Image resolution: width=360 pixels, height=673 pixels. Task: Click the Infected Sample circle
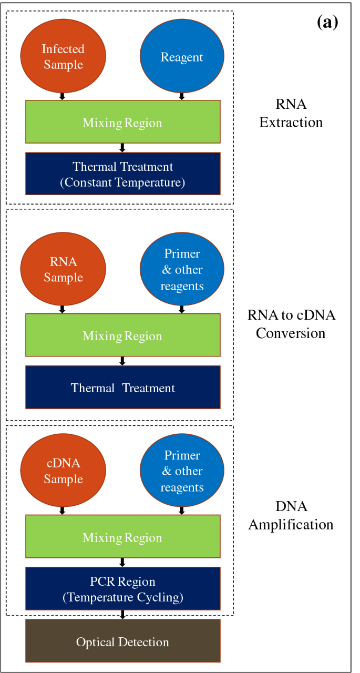(x=63, y=56)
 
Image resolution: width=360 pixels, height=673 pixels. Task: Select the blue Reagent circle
(x=182, y=56)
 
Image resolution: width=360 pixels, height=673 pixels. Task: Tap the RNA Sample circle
(x=63, y=269)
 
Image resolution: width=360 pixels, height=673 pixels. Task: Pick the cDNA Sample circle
(x=63, y=471)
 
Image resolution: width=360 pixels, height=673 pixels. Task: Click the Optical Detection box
(x=123, y=641)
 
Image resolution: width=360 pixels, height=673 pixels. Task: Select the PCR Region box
(x=123, y=588)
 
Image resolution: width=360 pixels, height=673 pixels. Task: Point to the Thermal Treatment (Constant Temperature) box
(x=123, y=174)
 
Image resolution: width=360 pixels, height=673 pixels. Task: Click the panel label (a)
(x=327, y=22)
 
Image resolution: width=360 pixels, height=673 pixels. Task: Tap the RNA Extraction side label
(x=291, y=113)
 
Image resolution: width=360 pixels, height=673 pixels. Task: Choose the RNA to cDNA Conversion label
(x=291, y=324)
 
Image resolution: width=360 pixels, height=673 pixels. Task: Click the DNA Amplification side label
(x=291, y=516)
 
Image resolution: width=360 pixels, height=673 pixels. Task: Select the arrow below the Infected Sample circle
(x=62, y=96)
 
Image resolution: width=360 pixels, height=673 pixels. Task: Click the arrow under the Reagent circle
(x=182, y=96)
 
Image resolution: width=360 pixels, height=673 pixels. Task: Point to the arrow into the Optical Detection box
(x=122, y=615)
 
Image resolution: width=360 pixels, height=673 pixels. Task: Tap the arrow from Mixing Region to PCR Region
(x=122, y=563)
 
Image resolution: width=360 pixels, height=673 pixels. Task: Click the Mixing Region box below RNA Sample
(x=123, y=335)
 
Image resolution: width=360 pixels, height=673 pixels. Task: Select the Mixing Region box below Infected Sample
(x=123, y=121)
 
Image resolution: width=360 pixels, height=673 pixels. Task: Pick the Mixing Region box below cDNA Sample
(x=123, y=536)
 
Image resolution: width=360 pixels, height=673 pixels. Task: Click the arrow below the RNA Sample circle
(x=62, y=310)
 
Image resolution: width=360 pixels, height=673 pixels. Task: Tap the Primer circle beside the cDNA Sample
(x=182, y=471)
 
